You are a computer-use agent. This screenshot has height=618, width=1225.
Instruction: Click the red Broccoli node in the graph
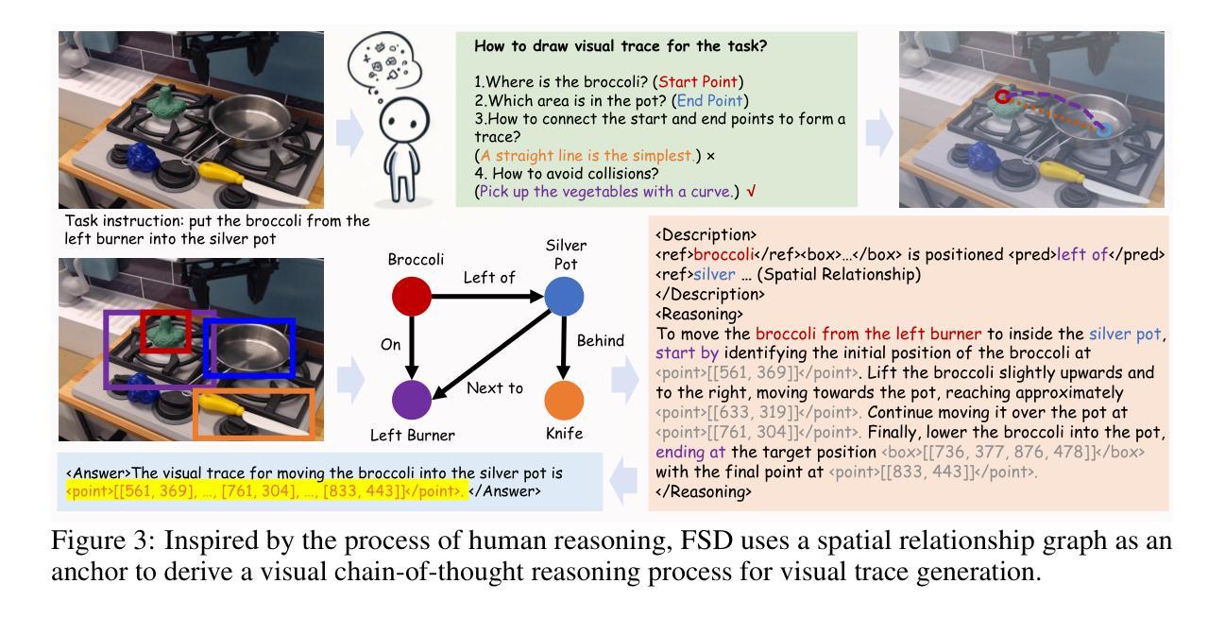pos(411,296)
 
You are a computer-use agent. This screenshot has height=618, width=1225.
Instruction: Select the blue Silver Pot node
pos(564,296)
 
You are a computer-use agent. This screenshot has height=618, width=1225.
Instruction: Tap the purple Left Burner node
pos(411,400)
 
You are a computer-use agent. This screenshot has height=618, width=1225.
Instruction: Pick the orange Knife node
pos(564,400)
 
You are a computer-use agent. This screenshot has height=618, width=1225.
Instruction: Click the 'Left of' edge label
pos(489,278)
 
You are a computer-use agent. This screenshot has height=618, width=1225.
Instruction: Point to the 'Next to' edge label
pos(494,388)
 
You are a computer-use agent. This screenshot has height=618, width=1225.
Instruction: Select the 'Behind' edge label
pos(600,340)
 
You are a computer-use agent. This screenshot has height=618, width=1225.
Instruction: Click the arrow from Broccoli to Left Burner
pos(412,348)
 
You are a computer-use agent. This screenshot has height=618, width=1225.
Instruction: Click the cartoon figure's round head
pos(403,120)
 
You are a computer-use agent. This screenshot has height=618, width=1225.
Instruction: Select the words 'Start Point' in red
pos(697,82)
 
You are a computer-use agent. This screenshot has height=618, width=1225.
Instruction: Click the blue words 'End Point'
pos(709,101)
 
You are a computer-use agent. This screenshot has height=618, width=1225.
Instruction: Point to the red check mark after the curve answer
pos(752,191)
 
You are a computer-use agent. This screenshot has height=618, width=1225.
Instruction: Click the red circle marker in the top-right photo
pos(1002,96)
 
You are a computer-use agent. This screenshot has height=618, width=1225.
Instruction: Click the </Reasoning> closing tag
pos(704,491)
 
